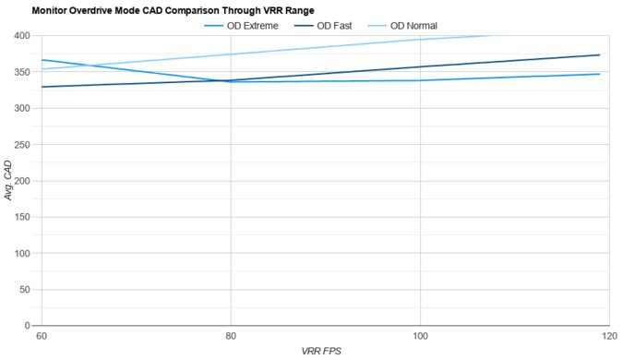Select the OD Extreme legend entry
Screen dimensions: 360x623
(252, 25)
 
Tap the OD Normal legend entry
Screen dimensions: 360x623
(412, 25)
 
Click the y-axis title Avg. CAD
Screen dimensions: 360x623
(8, 181)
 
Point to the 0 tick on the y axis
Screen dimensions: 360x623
(28, 326)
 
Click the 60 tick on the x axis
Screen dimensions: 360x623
(42, 336)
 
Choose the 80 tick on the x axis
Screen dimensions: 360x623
(231, 336)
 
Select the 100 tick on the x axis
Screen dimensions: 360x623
(420, 336)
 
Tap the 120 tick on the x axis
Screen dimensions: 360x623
(607, 336)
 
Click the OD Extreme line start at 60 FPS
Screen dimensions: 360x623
(42, 60)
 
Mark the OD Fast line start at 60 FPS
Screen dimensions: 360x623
(42, 87)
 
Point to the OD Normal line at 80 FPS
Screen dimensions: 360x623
(231, 54)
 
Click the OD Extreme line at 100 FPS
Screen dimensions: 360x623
(420, 80)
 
